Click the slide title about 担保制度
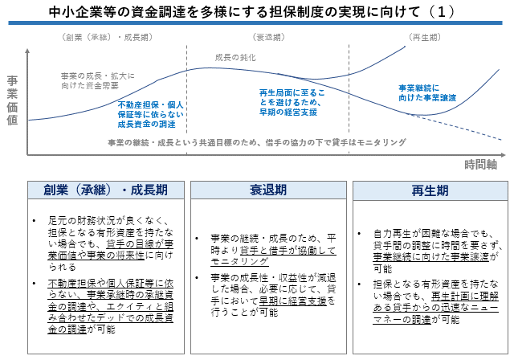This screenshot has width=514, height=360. point(251,12)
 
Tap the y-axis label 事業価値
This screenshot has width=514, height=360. point(13,100)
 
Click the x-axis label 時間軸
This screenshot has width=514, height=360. point(481,164)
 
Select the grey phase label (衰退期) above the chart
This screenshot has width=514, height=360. point(268,38)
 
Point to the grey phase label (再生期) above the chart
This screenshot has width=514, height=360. point(425,38)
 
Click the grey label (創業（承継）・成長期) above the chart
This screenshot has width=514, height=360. point(107,38)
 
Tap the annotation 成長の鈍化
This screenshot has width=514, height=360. point(235,58)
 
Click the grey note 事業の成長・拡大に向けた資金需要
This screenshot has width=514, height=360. point(98,80)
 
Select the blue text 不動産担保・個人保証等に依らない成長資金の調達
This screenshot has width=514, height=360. point(150,114)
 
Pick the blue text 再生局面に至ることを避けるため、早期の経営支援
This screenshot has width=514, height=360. point(292,103)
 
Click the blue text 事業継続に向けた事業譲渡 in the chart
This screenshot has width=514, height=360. point(427,92)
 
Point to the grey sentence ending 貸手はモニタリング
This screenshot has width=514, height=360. point(257,142)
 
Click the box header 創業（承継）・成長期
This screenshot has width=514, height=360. point(105,190)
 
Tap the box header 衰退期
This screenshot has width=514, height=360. point(268,190)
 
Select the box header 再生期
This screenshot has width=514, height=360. point(430,190)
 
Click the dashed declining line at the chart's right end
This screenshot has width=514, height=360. point(455,127)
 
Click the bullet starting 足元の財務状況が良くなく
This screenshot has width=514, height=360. point(111,243)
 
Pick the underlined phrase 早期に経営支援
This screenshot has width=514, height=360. point(293,301)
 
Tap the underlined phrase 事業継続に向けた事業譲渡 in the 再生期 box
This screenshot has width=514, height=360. point(431,256)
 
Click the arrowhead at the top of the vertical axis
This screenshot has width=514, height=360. point(27,51)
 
